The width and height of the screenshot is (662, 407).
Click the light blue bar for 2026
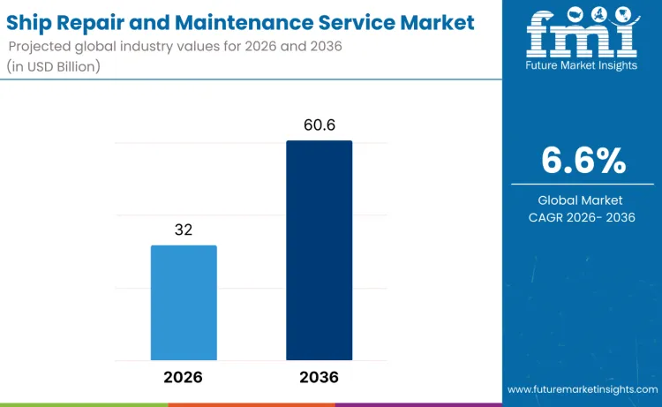[x=184, y=302]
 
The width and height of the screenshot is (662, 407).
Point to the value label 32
[x=184, y=230]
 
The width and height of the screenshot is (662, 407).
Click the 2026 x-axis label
[x=184, y=377]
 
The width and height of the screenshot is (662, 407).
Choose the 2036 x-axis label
[x=319, y=377]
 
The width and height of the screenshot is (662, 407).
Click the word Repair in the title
[x=100, y=20]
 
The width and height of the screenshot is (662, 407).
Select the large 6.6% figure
[x=583, y=161]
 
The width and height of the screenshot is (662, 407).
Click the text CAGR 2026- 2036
[x=583, y=217]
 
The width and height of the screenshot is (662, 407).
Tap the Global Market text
[x=583, y=200]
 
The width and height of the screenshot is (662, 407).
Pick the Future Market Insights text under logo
[x=582, y=66]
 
